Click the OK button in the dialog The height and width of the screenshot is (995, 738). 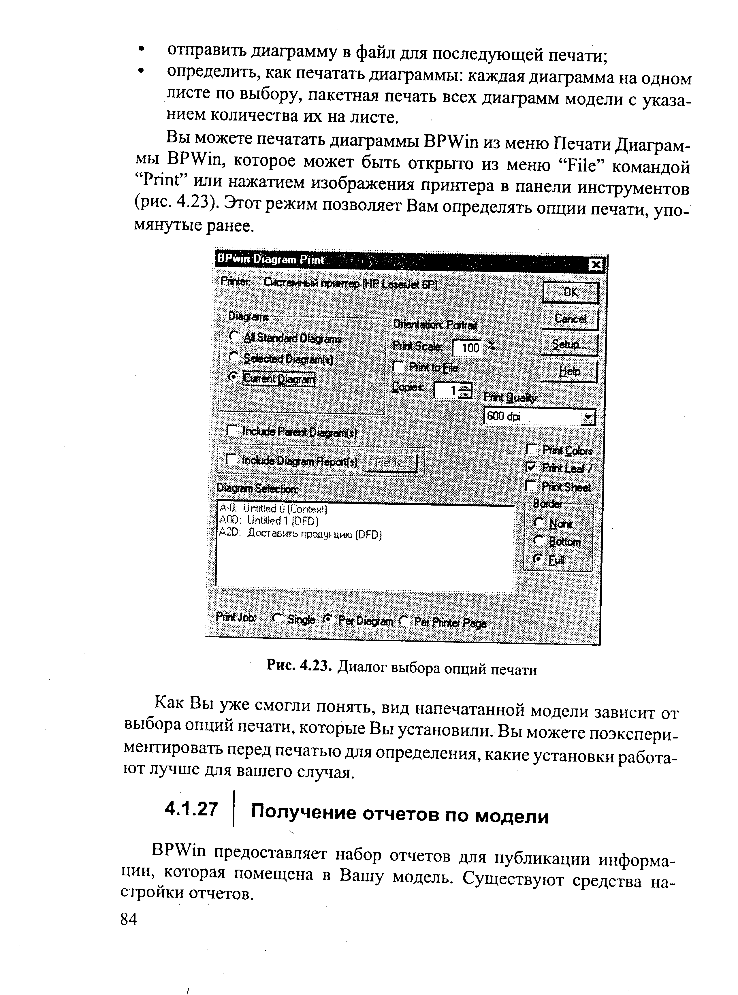(570, 293)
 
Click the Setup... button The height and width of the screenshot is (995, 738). (569, 345)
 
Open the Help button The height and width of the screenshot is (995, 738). (569, 371)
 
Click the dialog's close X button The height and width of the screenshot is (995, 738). (596, 265)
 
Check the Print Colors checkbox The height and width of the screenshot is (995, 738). (531, 449)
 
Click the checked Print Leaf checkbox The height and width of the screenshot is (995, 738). (531, 468)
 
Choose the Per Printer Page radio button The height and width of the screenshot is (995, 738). (404, 621)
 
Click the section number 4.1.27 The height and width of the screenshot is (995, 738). (191, 809)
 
